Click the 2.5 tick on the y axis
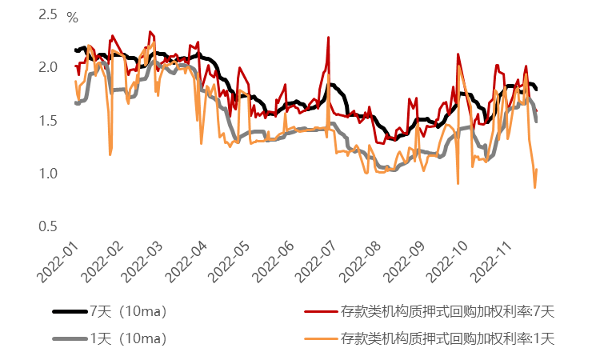(x=48, y=14)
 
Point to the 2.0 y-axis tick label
(x=48, y=67)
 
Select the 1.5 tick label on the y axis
(x=48, y=120)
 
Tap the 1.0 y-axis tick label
(x=48, y=174)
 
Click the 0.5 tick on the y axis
(x=48, y=226)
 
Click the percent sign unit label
(x=72, y=17)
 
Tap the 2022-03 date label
(x=147, y=261)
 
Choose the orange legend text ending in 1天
(x=447, y=338)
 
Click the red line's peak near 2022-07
(x=328, y=37)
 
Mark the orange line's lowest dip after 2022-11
(x=534, y=187)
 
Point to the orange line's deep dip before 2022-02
(x=110, y=154)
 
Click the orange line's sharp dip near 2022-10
(x=458, y=183)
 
